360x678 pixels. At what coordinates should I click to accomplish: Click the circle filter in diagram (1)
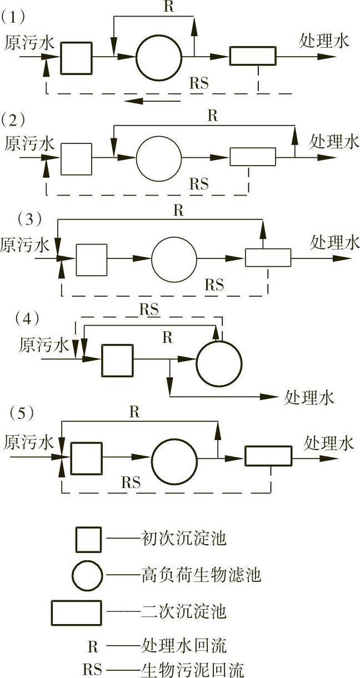point(159,58)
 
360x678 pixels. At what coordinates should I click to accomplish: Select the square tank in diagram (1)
point(76,57)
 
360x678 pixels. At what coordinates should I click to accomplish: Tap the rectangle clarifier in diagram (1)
point(252,57)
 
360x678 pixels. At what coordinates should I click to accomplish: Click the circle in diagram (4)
point(219,363)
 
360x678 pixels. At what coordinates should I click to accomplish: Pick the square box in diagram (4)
point(117,360)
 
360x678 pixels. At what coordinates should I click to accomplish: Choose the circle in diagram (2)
point(159,158)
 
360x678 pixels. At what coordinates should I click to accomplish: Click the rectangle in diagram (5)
point(268,456)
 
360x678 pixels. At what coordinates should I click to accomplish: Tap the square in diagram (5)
point(87,458)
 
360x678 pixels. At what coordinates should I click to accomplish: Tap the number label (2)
point(13,118)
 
